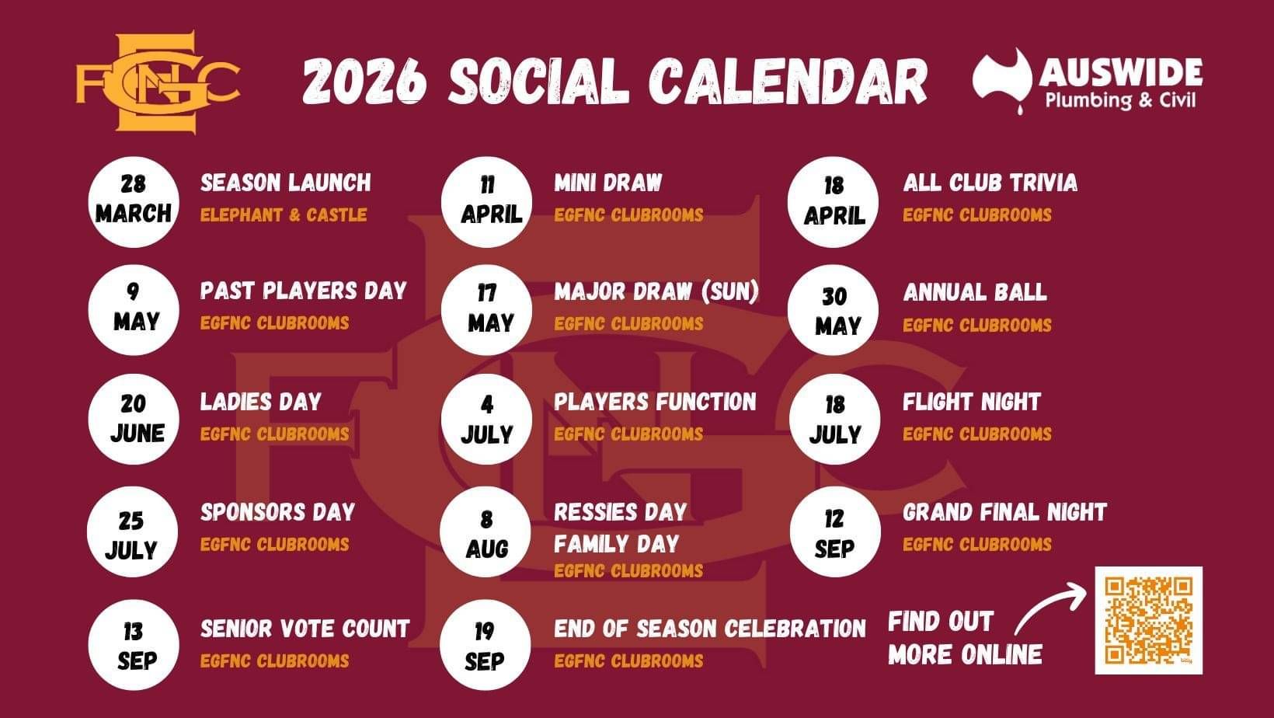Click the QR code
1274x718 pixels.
(1148, 620)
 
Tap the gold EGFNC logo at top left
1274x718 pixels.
(158, 82)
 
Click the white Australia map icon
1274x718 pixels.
(1002, 80)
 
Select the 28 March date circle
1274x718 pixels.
(134, 202)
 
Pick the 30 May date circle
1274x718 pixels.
(834, 310)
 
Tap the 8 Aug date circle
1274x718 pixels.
(486, 532)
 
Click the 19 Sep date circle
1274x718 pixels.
(486, 645)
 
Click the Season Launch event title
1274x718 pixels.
(286, 183)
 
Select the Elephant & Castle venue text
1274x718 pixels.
(284, 215)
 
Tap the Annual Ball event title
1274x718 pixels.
(975, 292)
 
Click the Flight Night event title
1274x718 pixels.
(971, 402)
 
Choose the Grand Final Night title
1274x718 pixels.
(1004, 512)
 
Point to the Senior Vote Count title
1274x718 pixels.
(305, 629)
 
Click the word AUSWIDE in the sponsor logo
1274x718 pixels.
(1120, 72)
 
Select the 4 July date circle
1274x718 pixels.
(486, 420)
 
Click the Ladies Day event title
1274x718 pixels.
(260, 402)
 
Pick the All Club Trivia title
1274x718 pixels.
(990, 183)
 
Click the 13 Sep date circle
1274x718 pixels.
(134, 645)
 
